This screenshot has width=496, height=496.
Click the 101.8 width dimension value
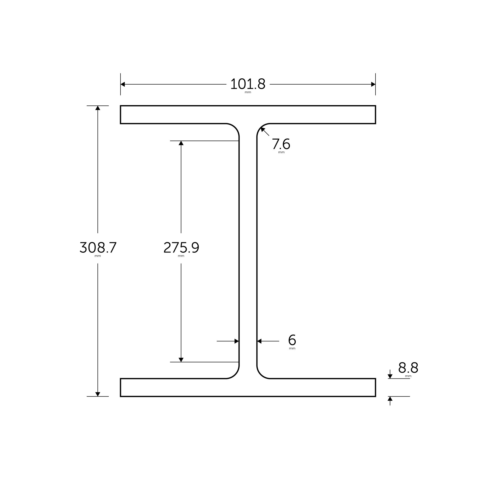pos(248,84)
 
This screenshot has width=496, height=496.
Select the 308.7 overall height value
pos(98,248)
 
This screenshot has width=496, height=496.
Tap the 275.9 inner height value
pos(181,248)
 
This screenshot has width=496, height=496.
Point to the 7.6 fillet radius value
pos(281,144)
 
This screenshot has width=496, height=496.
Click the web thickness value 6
pos(292,340)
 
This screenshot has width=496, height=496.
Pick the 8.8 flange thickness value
pos(408,368)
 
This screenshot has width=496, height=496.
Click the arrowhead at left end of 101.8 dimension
pos(123,84)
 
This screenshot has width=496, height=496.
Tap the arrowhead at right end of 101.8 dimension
pos(373,84)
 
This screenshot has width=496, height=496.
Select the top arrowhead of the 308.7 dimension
pos(98,108)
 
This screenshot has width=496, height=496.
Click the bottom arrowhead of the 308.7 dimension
pos(98,394)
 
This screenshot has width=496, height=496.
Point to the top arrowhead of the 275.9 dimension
pos(181,143)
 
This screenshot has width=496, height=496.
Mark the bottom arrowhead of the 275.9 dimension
pos(181,360)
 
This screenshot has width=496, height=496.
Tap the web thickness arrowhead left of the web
pos(236,341)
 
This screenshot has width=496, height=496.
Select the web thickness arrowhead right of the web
pos(260,341)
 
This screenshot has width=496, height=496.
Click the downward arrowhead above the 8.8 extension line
pos(390,376)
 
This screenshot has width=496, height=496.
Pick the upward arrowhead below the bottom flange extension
pos(390,399)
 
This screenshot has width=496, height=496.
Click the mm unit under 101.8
pos(248,93)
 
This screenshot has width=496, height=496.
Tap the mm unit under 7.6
pos(281,153)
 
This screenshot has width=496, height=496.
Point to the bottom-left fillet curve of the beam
pos(235,374)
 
